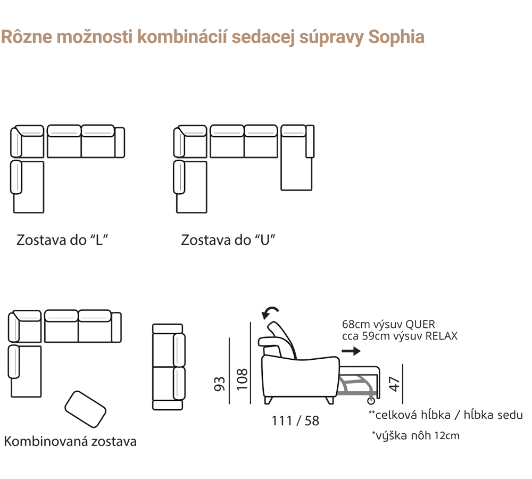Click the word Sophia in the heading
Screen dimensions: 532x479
tap(396, 37)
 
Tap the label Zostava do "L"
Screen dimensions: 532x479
tap(62, 240)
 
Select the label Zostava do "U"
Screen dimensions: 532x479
tap(228, 240)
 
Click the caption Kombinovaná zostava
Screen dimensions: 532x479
tap(70, 441)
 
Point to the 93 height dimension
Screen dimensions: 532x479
tap(220, 384)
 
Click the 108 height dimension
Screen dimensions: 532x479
tap(242, 379)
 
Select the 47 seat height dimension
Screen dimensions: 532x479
tap(395, 384)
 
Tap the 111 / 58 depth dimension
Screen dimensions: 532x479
tap(295, 421)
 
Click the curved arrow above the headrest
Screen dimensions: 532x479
tap(270, 312)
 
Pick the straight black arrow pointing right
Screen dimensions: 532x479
tap(351, 351)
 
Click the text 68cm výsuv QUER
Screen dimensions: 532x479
tap(388, 324)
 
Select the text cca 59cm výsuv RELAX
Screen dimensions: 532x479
tap(400, 336)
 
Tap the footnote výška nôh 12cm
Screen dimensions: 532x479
tap(415, 435)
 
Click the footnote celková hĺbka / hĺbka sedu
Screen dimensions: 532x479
tap(445, 415)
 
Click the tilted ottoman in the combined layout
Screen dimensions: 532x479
tap(85, 409)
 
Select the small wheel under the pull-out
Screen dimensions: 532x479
tap(371, 401)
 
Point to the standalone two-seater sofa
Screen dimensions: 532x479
tap(169, 367)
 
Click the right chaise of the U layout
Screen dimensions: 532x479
tap(297, 158)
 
